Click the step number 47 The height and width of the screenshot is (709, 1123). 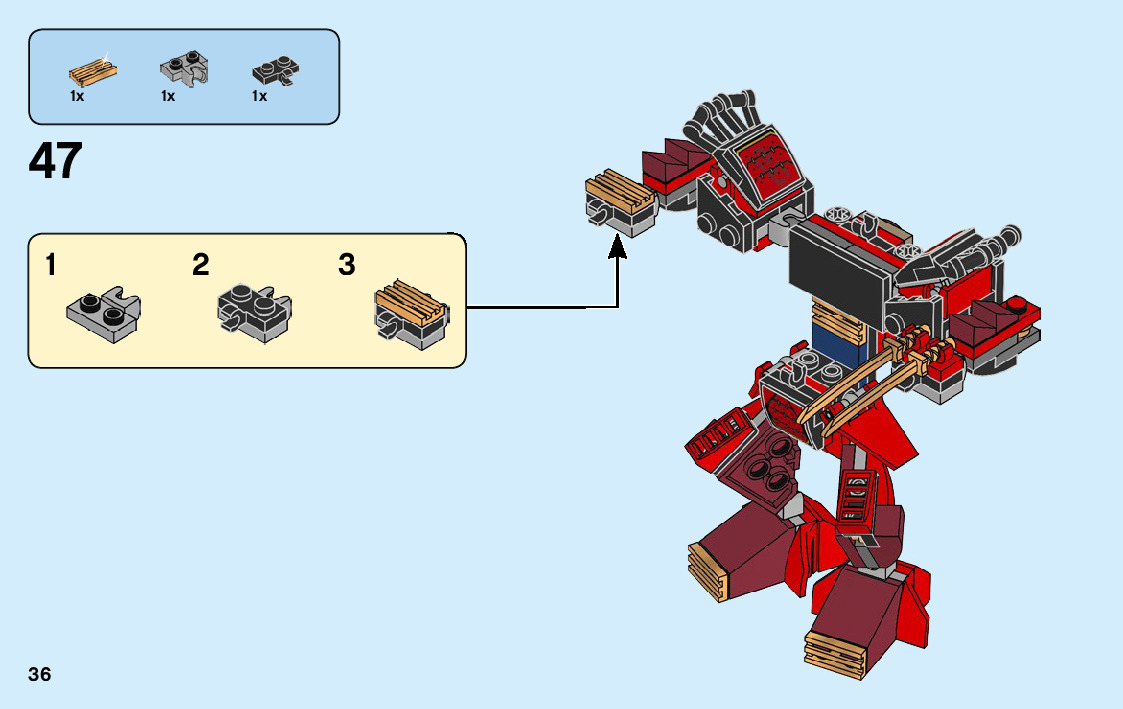point(56,161)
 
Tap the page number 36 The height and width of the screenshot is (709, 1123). point(40,674)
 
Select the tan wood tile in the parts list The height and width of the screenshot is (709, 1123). point(92,72)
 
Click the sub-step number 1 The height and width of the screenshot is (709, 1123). point(51,266)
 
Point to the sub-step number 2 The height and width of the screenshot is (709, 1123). point(201,266)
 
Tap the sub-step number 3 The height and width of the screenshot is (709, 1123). point(347,266)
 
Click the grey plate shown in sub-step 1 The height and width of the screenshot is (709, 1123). point(103,312)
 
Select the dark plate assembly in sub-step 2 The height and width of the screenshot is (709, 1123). point(253,314)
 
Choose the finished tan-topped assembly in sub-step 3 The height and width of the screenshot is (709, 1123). point(410,314)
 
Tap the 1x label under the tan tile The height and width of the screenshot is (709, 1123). point(77,97)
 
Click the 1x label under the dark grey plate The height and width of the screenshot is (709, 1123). point(259,97)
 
